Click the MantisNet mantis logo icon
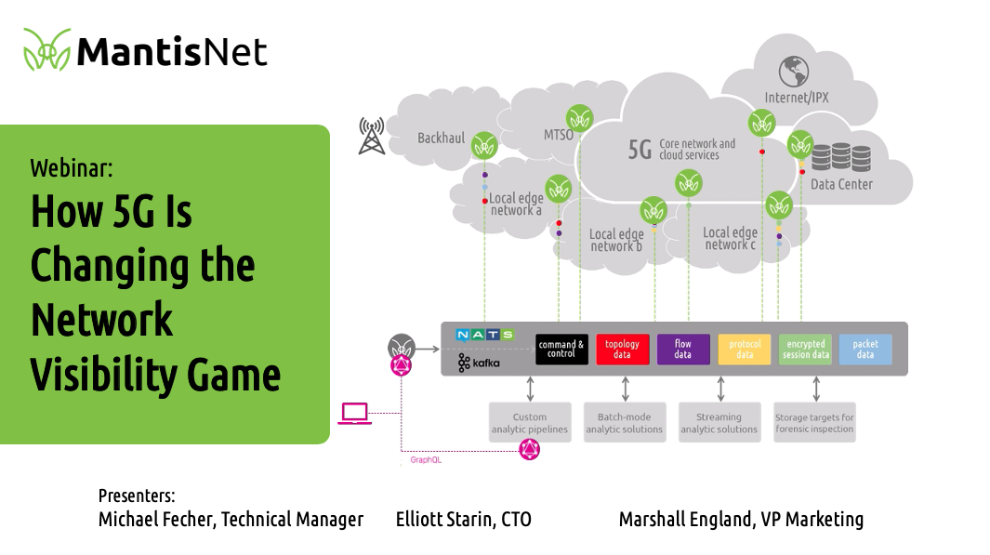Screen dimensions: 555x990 (46, 50)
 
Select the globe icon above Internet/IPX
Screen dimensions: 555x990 (793, 70)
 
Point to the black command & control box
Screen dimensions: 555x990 (561, 350)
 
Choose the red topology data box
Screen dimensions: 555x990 (623, 350)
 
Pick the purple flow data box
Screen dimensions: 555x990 (683, 350)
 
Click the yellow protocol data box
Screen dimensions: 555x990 (745, 350)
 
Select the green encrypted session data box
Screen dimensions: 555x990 (805, 350)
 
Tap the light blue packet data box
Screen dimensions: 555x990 (865, 350)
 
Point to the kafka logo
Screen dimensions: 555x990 (479, 363)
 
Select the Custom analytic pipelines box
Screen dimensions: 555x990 (530, 423)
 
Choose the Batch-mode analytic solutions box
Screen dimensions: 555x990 (625, 423)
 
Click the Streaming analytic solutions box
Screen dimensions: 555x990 (719, 423)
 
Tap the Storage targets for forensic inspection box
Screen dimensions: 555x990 (814, 423)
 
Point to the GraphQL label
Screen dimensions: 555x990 (426, 459)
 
